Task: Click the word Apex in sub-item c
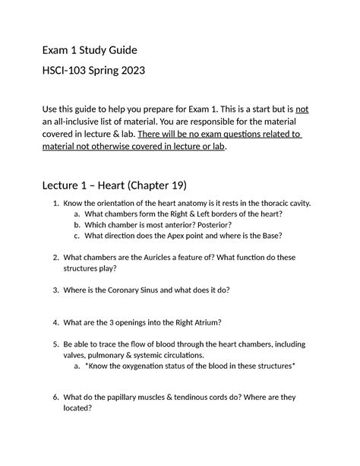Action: [x=163, y=236]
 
